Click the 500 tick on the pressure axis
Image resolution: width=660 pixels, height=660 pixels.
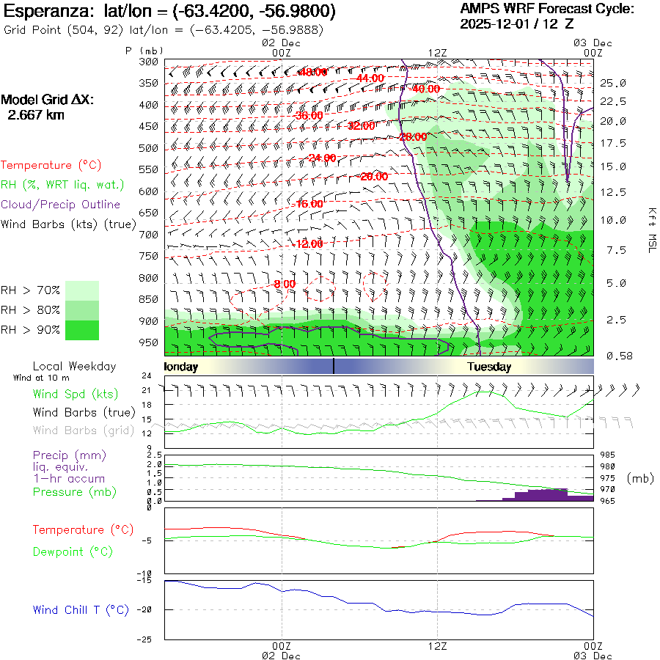148,148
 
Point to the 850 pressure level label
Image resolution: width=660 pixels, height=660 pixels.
148,299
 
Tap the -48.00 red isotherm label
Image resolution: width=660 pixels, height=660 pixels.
313,72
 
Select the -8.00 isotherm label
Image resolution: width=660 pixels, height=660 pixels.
284,284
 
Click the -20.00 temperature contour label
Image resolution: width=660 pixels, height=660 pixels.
373,177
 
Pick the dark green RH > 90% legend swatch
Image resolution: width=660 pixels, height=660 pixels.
81,330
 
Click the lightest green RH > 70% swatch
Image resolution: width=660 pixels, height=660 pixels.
81,290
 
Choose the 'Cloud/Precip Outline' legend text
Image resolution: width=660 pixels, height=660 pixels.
61,205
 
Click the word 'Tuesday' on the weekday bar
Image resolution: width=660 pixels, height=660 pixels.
489,367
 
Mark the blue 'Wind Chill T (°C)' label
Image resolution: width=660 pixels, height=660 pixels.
81,609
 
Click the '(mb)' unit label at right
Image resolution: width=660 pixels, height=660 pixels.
640,478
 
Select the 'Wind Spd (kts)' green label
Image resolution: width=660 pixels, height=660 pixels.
76,394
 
